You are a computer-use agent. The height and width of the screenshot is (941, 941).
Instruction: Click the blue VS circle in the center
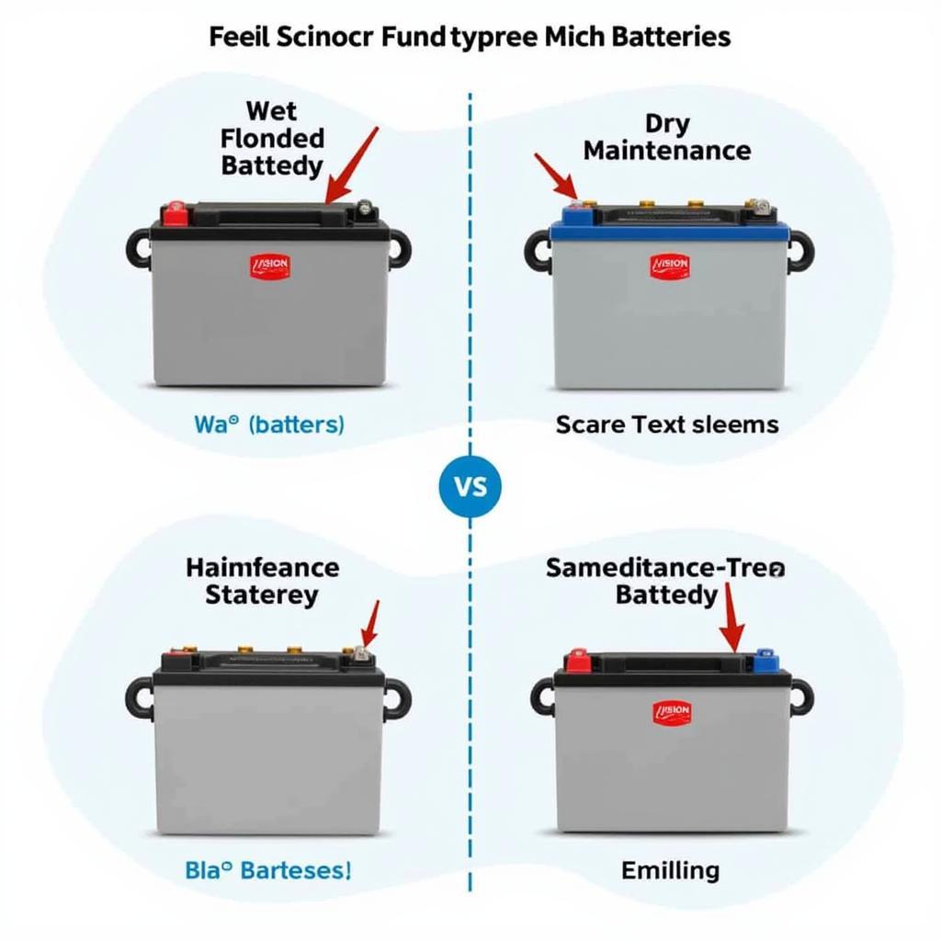[x=470, y=485]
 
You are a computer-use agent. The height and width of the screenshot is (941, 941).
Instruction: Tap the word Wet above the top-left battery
[x=272, y=111]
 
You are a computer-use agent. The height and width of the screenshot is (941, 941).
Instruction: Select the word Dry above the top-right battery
[x=667, y=123]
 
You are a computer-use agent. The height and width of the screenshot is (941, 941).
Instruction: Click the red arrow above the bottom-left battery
[x=370, y=625]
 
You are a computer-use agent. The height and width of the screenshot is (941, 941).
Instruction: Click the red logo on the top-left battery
[x=269, y=266]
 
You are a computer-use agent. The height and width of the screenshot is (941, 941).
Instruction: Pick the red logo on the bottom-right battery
[x=672, y=711]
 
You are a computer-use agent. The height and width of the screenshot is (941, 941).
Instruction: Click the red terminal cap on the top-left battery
[x=175, y=213]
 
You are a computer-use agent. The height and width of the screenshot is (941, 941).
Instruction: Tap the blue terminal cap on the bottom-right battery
[x=765, y=660]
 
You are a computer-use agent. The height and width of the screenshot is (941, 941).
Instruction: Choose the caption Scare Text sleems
[x=667, y=425]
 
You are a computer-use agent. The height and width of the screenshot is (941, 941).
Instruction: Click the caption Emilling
[x=670, y=869]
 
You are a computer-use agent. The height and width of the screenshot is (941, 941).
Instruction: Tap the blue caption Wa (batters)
[x=269, y=425]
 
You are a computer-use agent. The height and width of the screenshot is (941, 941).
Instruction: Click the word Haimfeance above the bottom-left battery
[x=263, y=567]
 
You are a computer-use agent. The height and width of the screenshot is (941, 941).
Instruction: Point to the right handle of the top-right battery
[x=799, y=249]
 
